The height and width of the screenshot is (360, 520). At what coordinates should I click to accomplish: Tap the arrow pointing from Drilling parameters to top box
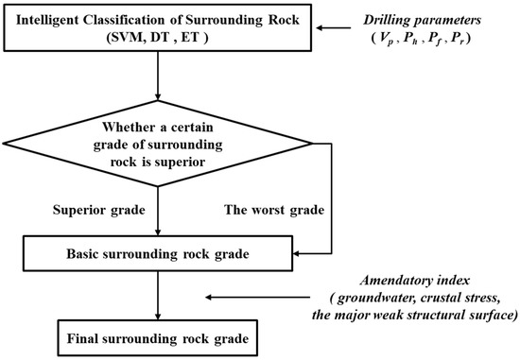tap(330, 27)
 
